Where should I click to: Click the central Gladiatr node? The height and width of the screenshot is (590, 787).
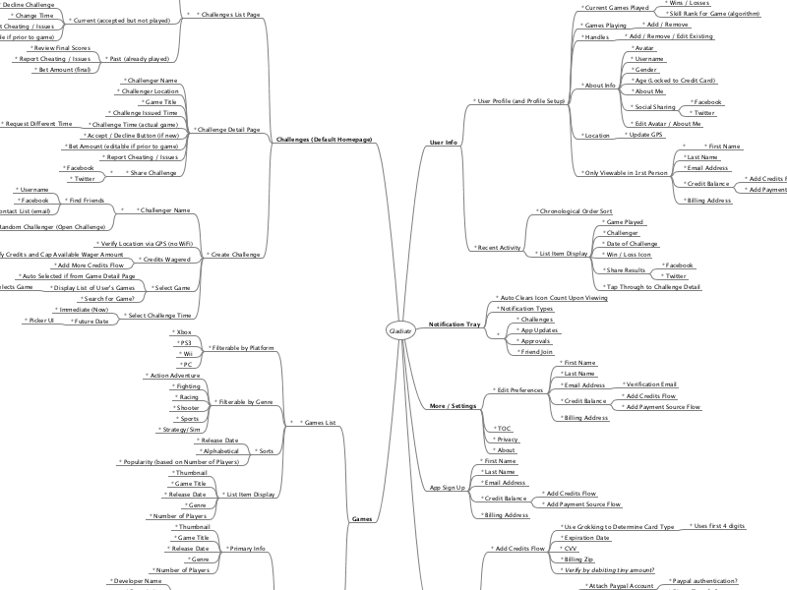(x=400, y=330)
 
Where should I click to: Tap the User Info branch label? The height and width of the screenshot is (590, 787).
(x=444, y=143)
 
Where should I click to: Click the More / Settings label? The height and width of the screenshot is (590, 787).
(x=454, y=405)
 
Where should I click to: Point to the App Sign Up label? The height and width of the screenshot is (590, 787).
(x=448, y=488)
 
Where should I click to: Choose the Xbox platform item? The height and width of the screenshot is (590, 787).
(x=184, y=332)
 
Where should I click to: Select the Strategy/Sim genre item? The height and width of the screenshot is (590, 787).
(x=180, y=430)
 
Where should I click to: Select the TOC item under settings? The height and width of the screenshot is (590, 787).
(x=504, y=428)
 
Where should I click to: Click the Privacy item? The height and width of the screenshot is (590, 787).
(x=507, y=440)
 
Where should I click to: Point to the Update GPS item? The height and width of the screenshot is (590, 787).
(x=644, y=135)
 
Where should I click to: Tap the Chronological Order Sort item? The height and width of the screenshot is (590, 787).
(x=575, y=211)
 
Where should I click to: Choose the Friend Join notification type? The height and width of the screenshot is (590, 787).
(x=536, y=351)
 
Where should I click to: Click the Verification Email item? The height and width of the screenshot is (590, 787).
(x=651, y=384)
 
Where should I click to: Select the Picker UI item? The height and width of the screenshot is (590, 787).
(x=38, y=321)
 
